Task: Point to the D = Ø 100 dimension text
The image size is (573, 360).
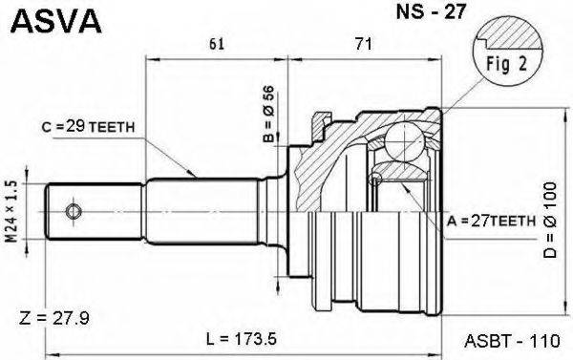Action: pyautogui.click(x=553, y=224)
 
